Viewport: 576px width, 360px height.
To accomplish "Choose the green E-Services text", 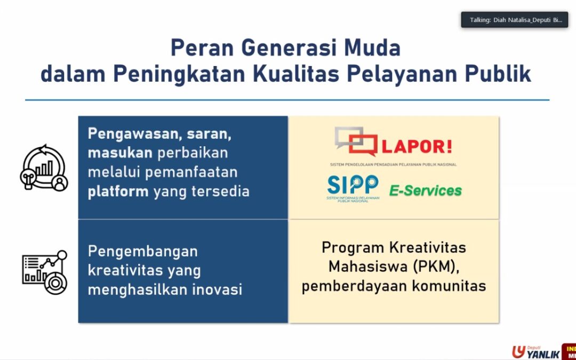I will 425,190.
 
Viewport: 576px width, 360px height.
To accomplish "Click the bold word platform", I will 118,191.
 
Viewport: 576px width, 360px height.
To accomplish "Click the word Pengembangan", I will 142,251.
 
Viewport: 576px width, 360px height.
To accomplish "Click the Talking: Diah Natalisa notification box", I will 514,20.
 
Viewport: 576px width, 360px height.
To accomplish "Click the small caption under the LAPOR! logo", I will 394,165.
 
